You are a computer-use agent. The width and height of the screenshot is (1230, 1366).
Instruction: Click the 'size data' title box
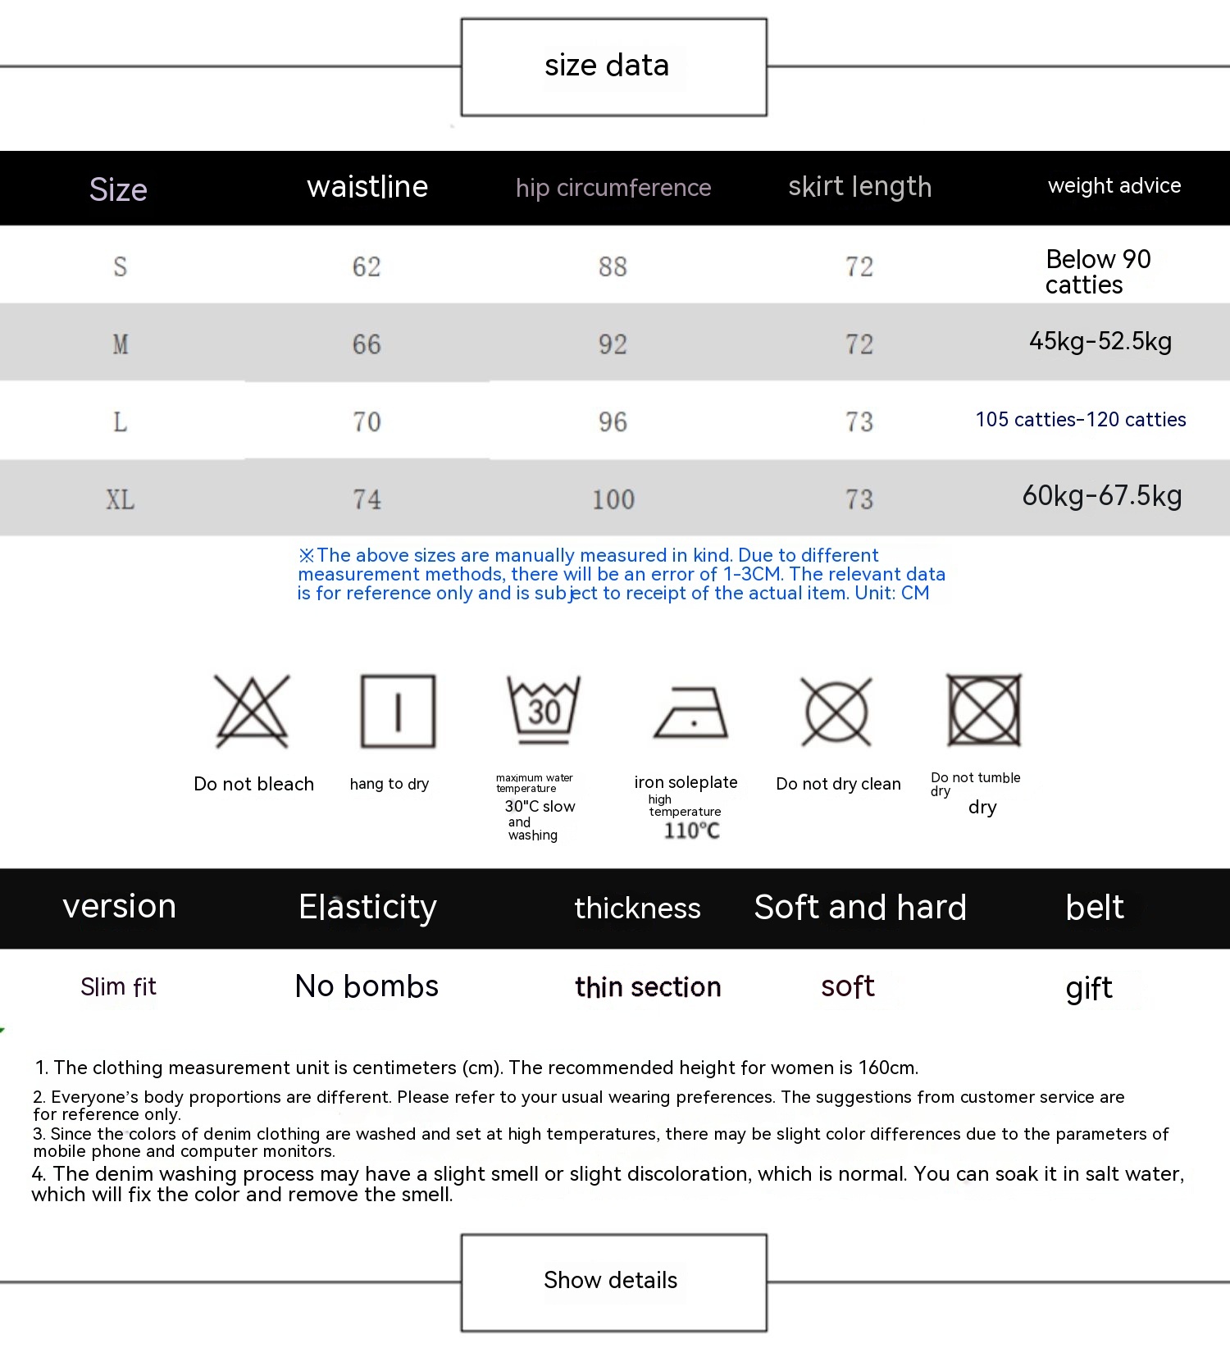[x=613, y=66]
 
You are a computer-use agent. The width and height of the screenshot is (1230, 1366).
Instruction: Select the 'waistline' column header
[x=367, y=187]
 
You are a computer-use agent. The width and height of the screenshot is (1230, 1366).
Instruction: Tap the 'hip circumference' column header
[x=613, y=188]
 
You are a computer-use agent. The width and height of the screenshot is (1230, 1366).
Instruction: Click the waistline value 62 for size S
[x=367, y=266]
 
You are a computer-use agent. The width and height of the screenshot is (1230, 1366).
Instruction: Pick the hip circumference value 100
[x=613, y=499]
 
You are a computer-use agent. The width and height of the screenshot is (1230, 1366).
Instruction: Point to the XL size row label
[x=120, y=499]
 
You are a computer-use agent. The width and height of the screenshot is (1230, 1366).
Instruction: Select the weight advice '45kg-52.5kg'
[x=1100, y=341]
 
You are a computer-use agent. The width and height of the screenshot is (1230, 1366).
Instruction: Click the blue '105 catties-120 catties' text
[x=1081, y=420]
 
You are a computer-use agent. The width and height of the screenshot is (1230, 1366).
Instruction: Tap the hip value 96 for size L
[x=613, y=422]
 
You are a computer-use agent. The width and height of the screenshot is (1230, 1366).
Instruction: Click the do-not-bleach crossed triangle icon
[x=252, y=711]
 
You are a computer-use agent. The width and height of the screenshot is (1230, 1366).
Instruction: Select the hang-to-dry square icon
[x=398, y=711]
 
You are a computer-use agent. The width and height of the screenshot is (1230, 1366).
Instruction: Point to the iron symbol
[x=691, y=713]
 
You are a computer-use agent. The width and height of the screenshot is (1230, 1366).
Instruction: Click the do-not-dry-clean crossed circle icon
[x=836, y=711]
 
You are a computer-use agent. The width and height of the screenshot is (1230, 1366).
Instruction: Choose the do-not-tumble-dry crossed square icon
[x=983, y=710]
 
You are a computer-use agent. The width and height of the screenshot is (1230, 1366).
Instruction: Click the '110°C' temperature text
[x=691, y=831]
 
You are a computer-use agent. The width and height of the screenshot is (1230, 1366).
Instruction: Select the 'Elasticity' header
[x=367, y=907]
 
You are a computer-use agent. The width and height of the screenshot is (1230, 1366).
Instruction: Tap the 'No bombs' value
[x=367, y=986]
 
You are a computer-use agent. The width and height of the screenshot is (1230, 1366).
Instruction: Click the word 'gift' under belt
[x=1089, y=988]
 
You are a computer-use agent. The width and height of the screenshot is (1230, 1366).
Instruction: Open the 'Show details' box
[x=613, y=1282]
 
